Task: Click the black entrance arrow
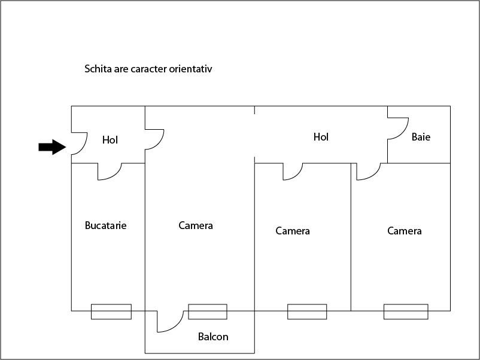(x=52, y=147)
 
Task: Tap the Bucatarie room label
(x=105, y=225)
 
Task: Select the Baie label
(x=421, y=137)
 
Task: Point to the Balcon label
(x=213, y=337)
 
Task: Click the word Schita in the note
(x=98, y=69)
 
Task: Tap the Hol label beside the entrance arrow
(x=110, y=140)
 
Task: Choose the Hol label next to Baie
(x=321, y=137)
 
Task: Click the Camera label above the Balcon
(x=196, y=225)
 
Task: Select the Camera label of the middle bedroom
(x=293, y=231)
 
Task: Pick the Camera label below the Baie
(x=405, y=231)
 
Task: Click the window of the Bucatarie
(x=111, y=312)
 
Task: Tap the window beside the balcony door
(x=208, y=312)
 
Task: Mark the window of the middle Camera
(x=307, y=312)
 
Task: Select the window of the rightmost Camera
(x=406, y=312)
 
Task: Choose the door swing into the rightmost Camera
(x=374, y=176)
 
